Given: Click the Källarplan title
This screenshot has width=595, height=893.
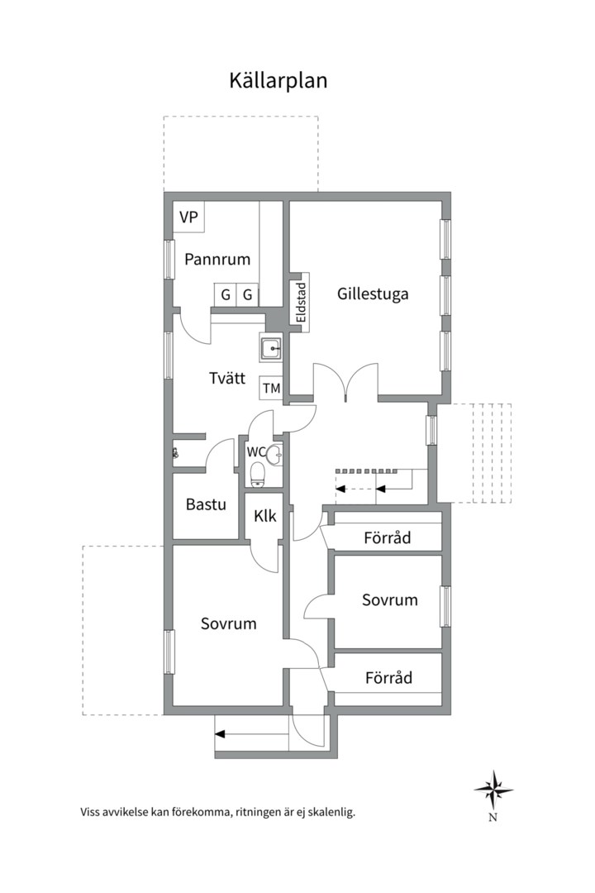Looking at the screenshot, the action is [278, 80].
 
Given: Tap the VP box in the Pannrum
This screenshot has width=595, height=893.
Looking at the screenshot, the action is [188, 217].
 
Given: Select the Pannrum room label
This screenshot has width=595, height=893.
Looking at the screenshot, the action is [217, 260].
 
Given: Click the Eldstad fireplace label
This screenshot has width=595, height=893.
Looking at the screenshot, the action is [301, 302].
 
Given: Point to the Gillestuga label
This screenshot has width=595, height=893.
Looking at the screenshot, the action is [373, 294].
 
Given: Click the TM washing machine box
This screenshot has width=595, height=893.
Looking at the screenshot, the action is [272, 388].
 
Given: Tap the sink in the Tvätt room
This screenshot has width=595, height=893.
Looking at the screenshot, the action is [272, 347].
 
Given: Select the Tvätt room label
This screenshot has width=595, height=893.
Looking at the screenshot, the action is [227, 378].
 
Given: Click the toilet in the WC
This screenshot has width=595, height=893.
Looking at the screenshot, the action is [258, 475].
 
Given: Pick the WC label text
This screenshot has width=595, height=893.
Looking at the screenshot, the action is [255, 452].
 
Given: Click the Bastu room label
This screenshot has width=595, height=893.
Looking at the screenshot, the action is [206, 504].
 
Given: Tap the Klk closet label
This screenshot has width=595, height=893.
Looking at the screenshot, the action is [265, 516].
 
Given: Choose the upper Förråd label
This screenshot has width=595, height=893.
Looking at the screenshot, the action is [388, 537].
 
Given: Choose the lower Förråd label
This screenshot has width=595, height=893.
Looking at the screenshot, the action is [389, 678].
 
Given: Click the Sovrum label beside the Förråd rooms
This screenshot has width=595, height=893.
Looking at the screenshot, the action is [390, 599].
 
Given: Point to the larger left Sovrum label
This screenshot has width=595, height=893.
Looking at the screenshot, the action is [229, 623].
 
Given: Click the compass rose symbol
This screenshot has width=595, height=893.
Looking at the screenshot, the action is [493, 790].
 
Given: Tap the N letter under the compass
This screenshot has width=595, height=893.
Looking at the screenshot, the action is [493, 818].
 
